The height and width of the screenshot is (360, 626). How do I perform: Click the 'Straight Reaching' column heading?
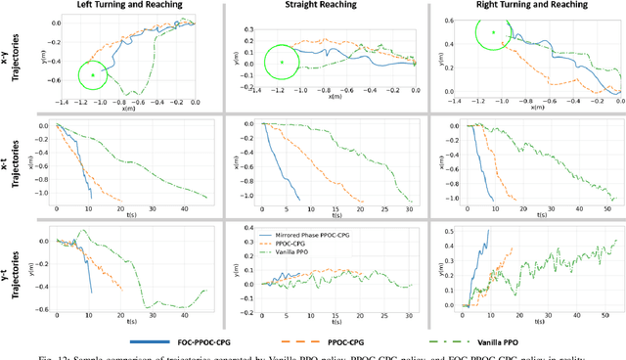tap(323, 6)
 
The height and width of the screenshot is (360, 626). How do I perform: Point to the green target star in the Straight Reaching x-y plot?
tap(282, 64)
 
